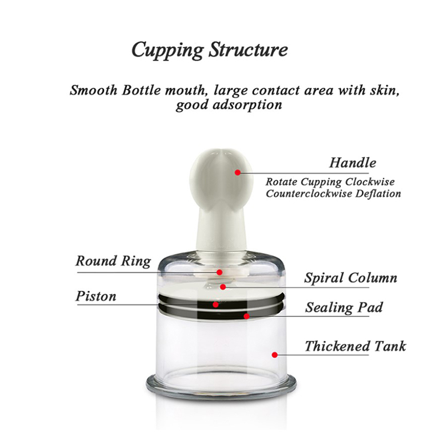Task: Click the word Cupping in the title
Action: click(x=168, y=51)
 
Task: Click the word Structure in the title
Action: click(x=248, y=49)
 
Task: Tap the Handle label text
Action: click(x=352, y=163)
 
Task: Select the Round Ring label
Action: click(x=113, y=261)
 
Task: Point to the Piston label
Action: click(x=95, y=296)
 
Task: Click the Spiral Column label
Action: click(x=351, y=278)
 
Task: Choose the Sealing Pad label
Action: click(x=344, y=307)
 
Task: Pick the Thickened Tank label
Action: click(x=355, y=346)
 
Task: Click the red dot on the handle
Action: click(x=238, y=173)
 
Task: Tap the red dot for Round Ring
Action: click(x=219, y=273)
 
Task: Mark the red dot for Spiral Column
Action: click(x=223, y=287)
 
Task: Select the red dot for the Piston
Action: click(x=215, y=305)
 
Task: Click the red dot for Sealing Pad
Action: click(x=246, y=316)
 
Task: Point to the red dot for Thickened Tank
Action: click(x=274, y=355)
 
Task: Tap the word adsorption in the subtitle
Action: click(x=247, y=105)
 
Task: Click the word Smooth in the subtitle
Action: click(x=94, y=90)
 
